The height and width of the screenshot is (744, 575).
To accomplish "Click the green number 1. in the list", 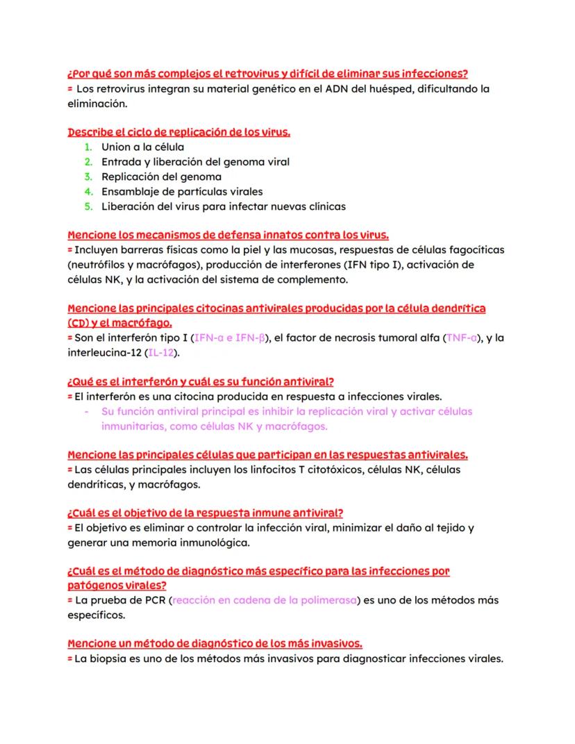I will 88,147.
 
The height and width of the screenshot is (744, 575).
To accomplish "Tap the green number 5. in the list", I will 88,206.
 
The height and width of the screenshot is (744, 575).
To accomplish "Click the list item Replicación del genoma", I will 161,177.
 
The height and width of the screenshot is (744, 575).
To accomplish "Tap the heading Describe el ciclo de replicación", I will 178,133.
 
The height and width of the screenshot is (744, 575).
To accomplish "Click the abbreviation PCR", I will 153,600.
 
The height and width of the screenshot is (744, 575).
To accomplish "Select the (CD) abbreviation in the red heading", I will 80,323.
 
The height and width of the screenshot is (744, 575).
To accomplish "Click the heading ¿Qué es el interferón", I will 201,381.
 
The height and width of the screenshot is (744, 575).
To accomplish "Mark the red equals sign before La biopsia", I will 69,659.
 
